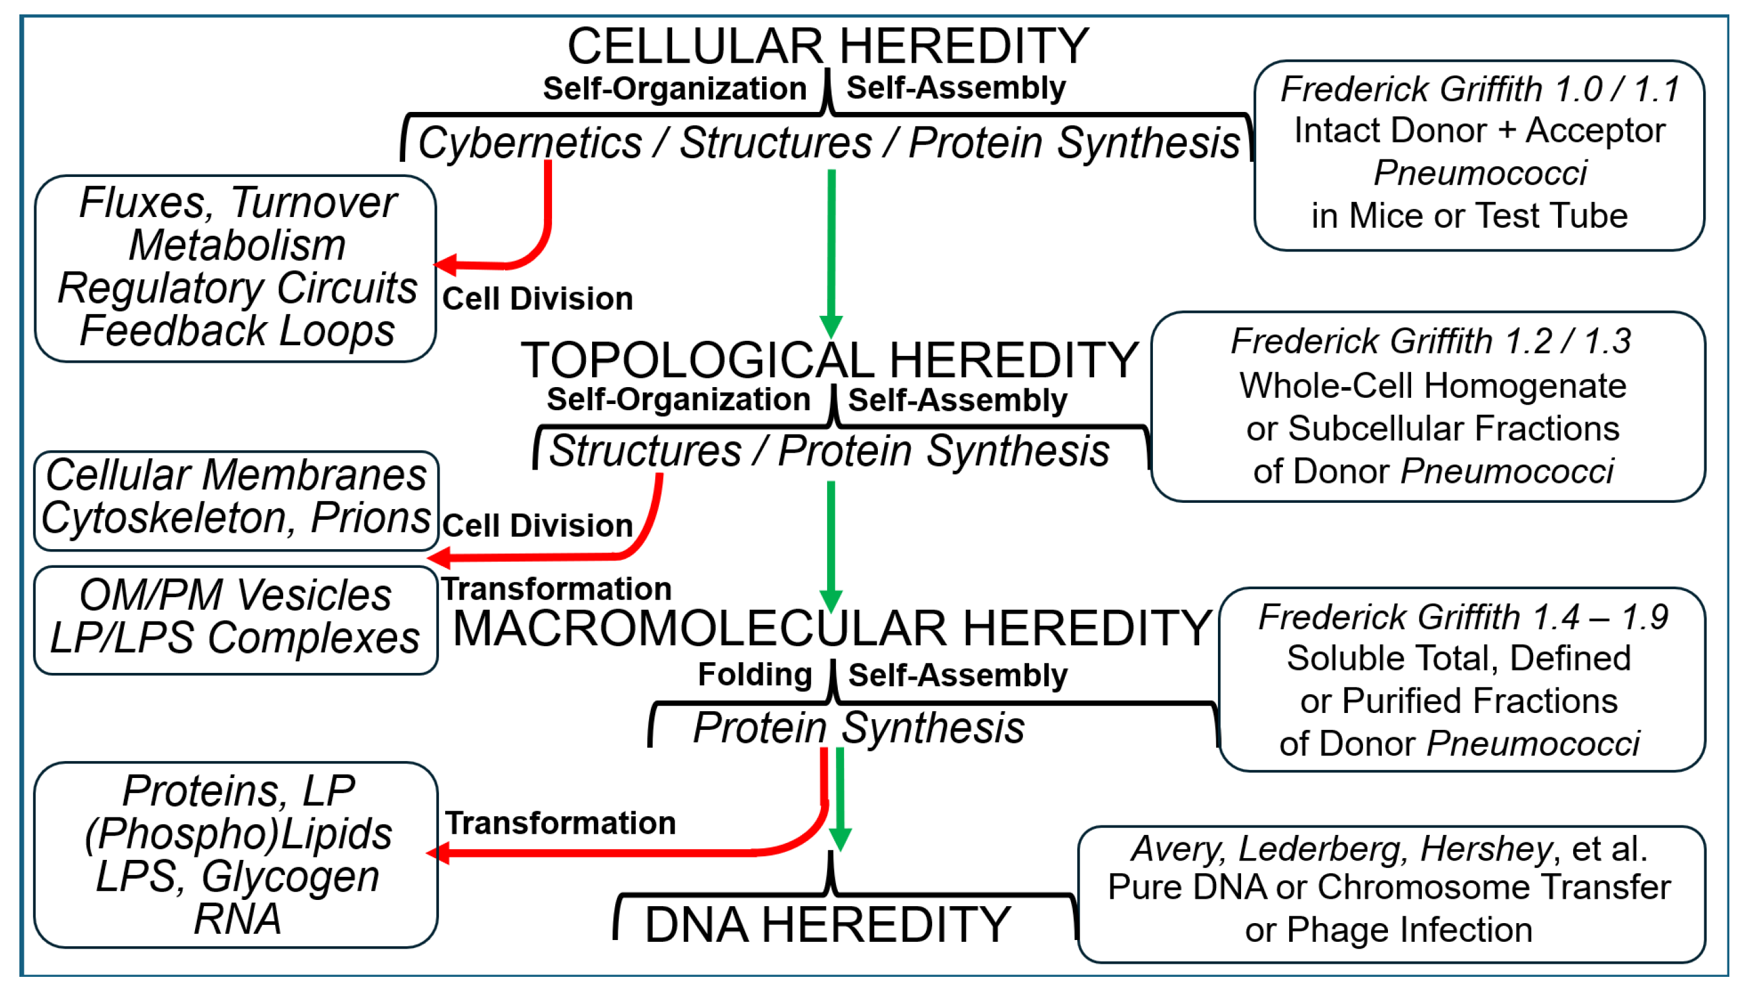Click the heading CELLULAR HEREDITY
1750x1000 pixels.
click(x=827, y=47)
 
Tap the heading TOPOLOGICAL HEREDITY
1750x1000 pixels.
click(x=829, y=361)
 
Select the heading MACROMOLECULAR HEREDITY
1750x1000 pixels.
click(x=832, y=629)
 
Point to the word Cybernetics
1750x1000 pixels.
click(x=530, y=144)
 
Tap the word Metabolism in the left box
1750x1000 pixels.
click(x=237, y=245)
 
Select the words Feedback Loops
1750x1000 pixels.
click(x=237, y=331)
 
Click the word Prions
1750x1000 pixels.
click(x=370, y=517)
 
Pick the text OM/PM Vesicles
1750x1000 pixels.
click(x=236, y=595)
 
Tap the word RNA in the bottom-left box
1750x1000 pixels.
click(x=237, y=919)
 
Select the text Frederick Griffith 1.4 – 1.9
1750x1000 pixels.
click(x=1462, y=617)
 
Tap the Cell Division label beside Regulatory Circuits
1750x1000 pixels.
click(x=537, y=299)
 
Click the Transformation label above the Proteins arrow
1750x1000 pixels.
click(x=560, y=823)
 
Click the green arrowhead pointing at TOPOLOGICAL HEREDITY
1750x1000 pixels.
click(x=831, y=326)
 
